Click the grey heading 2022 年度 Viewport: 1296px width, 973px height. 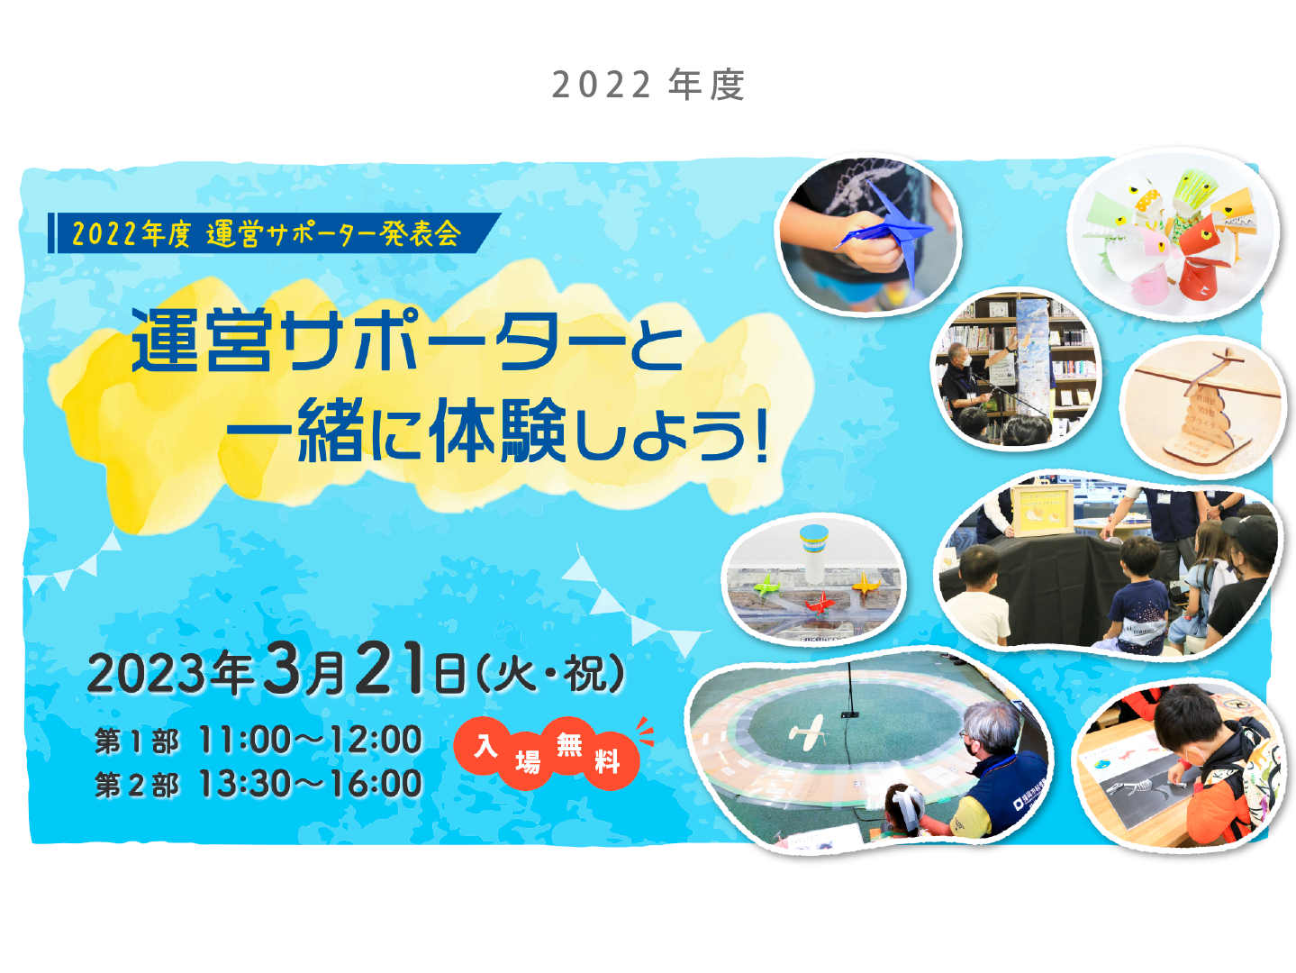pos(648,85)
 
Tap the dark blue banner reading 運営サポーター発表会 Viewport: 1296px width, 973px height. pos(275,232)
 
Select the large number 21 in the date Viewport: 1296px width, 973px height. pos(390,668)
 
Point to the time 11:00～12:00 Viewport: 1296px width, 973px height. pos(310,740)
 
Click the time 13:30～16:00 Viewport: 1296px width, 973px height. pos(310,784)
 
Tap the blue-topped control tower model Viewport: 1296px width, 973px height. pos(813,553)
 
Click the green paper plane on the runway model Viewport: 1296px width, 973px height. pos(767,586)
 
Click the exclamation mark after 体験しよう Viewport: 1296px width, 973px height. pos(761,429)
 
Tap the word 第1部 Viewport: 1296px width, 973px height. pos(136,741)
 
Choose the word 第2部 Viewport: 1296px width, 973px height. pos(136,785)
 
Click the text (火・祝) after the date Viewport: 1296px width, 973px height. pos(549,672)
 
